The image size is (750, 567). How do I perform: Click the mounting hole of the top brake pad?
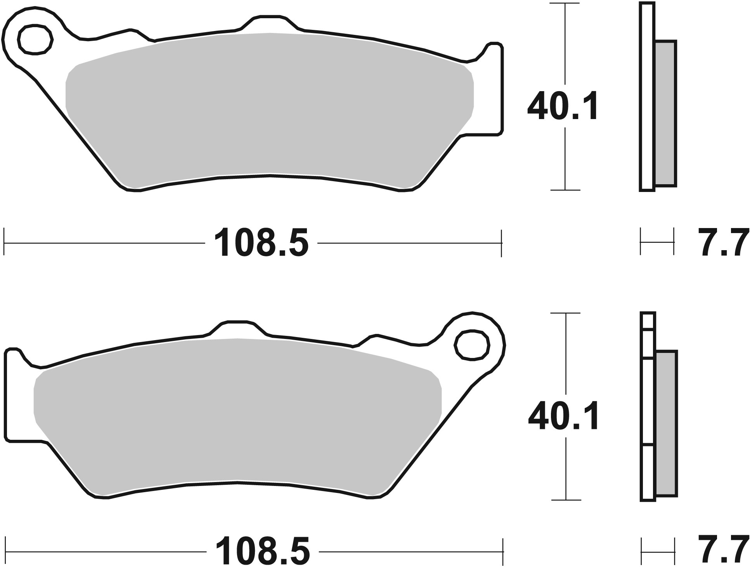click(35, 39)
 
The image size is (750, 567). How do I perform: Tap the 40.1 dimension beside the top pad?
click(563, 106)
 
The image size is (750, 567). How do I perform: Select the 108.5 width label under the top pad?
click(261, 243)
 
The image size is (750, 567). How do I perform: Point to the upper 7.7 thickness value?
click(724, 243)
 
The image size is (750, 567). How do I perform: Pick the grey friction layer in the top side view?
click(666, 112)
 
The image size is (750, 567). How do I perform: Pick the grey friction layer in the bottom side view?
click(667, 423)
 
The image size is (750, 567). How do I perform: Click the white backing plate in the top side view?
click(647, 97)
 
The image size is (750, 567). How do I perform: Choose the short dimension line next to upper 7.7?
click(656, 243)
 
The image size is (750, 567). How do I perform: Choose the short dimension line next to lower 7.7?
click(658, 551)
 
